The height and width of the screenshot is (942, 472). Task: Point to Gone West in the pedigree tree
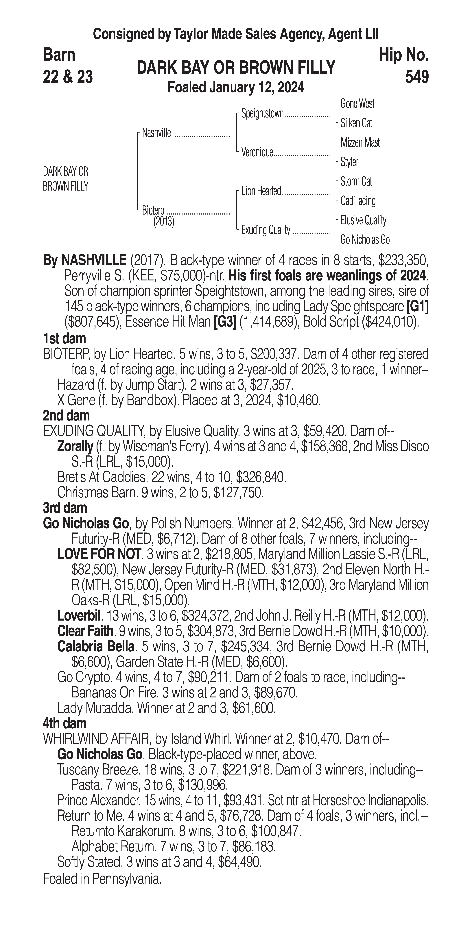pos(357,104)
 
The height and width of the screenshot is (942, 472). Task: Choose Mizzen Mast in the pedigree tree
pos(360,143)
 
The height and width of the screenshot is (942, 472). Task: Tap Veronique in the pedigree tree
pos(257,152)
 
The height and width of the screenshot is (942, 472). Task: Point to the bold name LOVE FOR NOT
pos(99,554)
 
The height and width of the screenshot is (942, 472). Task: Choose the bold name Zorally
pos(75,446)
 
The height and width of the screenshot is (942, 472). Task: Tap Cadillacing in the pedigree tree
pos(358,201)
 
